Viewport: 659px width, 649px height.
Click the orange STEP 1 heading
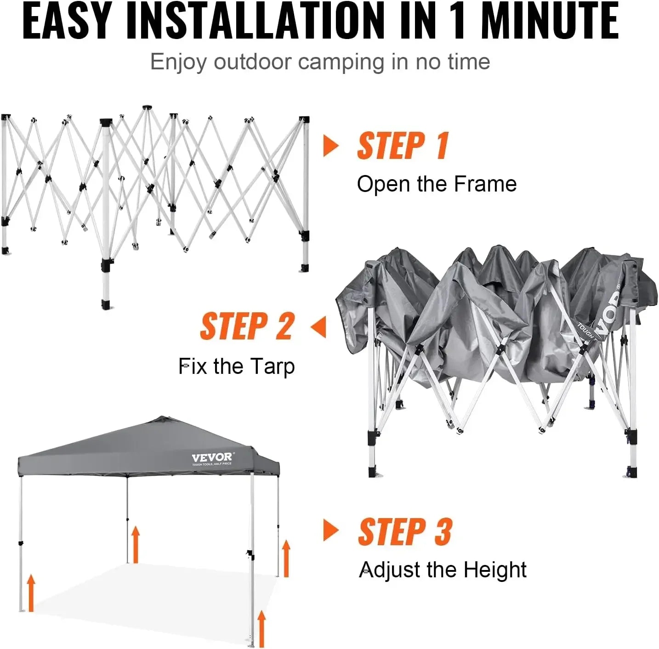coord(403,146)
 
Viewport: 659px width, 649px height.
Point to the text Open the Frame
coord(437,184)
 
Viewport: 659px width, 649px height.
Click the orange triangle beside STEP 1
coord(330,146)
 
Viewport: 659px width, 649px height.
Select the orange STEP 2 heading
coord(247,327)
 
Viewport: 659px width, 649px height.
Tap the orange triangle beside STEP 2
coord(318,327)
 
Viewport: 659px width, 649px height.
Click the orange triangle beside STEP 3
coord(330,530)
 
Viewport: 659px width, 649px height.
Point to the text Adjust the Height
coord(442,570)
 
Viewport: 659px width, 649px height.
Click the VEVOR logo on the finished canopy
coord(212,457)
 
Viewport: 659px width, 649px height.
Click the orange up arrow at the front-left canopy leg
coord(31,593)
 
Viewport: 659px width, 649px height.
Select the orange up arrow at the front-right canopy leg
coord(261,627)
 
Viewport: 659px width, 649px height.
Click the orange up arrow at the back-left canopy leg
coord(135,544)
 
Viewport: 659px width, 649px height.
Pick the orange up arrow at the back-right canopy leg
coord(286,558)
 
